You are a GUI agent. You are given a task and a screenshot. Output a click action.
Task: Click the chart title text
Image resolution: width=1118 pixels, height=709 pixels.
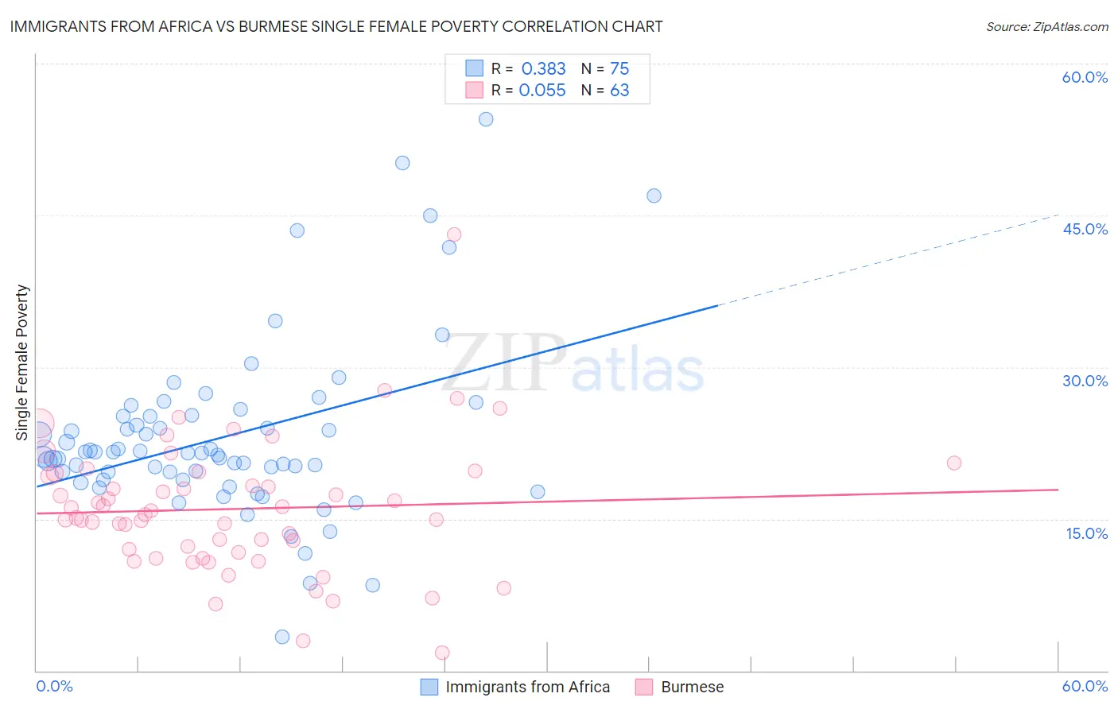[336, 26]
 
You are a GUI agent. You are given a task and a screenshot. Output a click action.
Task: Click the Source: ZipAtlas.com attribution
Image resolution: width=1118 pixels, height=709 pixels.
[1046, 27]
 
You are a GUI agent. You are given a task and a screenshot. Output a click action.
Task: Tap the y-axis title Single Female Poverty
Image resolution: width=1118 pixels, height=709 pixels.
[22, 362]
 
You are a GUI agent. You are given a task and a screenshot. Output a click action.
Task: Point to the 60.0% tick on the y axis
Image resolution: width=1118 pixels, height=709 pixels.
[1085, 77]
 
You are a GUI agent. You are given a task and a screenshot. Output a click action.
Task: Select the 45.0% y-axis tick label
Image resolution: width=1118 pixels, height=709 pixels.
[1085, 229]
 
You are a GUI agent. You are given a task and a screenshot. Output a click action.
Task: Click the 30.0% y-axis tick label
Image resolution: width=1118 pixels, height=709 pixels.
[1085, 381]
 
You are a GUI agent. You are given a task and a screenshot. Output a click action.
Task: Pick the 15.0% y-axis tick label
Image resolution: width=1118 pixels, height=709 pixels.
[1086, 533]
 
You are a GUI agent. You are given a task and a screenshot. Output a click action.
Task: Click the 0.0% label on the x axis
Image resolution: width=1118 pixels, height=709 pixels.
[54, 686]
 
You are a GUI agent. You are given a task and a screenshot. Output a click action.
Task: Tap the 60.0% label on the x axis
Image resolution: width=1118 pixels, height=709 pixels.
[1085, 686]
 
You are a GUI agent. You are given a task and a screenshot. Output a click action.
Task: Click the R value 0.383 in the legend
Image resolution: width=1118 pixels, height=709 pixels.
[543, 68]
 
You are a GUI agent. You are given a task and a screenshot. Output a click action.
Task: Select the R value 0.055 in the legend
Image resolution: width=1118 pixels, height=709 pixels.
[542, 91]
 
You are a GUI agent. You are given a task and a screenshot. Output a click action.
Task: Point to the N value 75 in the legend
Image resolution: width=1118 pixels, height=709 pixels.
[619, 68]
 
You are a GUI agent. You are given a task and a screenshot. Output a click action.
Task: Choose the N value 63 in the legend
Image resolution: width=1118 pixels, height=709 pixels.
[619, 91]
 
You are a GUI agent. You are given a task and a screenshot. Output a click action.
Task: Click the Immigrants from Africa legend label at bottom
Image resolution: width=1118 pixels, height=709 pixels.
[527, 687]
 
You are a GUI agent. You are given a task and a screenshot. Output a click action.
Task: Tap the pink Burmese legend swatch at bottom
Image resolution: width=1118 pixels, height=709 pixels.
[644, 687]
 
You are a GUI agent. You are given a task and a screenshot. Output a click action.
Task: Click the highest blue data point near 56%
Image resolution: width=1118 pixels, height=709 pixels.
[486, 119]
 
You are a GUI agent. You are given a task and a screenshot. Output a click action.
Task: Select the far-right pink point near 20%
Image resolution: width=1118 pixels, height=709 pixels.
[954, 463]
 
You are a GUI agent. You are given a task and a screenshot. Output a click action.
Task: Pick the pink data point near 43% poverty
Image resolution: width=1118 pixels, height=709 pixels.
[454, 234]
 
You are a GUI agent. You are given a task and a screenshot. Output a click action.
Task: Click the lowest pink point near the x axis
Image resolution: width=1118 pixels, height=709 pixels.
[442, 653]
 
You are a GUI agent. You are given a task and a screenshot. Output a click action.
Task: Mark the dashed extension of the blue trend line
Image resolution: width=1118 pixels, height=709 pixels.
[891, 259]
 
